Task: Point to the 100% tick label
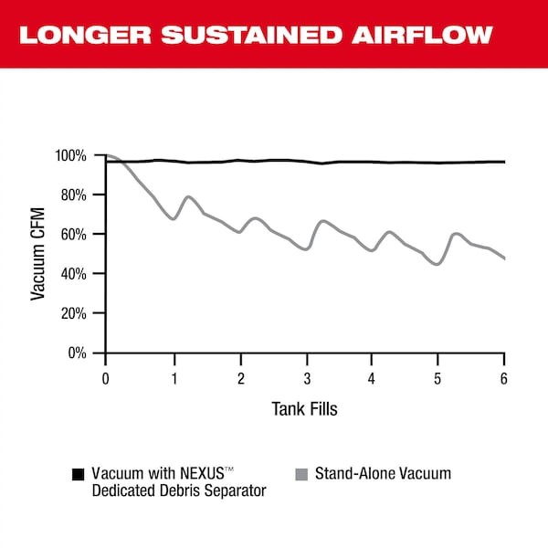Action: [x=69, y=156]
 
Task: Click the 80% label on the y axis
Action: [x=72, y=195]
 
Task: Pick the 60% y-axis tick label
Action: [x=72, y=235]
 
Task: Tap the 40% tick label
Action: [x=72, y=274]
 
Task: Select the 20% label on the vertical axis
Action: [x=72, y=313]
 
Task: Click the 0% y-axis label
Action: [x=76, y=353]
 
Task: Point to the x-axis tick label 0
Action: [x=106, y=378]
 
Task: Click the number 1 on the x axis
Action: [x=173, y=378]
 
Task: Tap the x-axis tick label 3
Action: [x=305, y=378]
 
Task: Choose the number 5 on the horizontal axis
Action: [x=437, y=378]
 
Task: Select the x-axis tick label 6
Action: [x=504, y=378]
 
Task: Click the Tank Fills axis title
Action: [x=304, y=409]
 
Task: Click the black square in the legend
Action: [x=78, y=475]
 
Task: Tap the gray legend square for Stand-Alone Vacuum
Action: [x=300, y=475]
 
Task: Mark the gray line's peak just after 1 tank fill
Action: [x=189, y=196]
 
